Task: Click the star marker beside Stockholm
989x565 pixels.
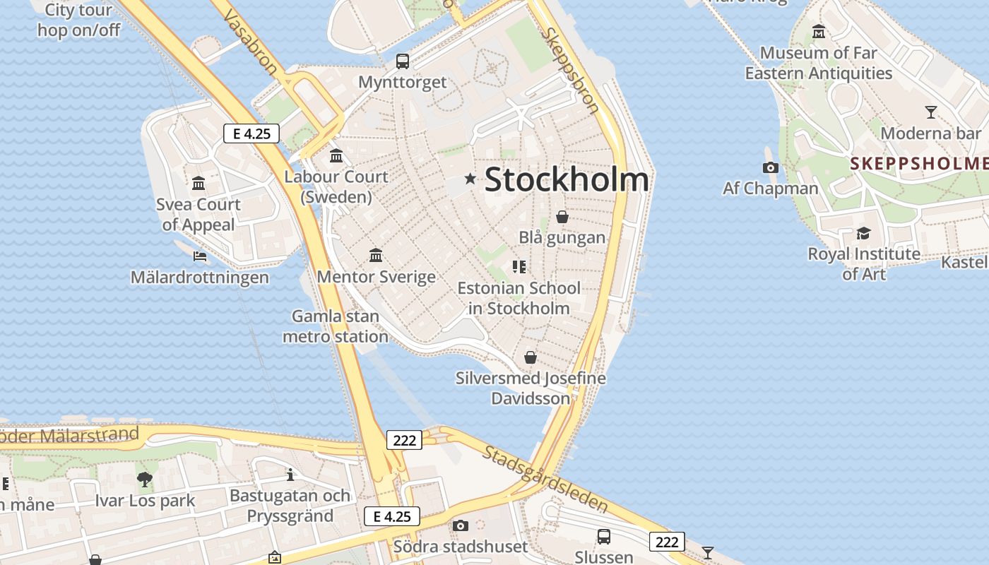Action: pos(470,179)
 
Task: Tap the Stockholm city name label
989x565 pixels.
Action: pos(567,179)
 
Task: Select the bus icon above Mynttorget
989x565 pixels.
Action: pos(403,61)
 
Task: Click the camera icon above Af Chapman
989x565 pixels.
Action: pos(771,167)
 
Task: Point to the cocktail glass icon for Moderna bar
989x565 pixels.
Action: pos(931,112)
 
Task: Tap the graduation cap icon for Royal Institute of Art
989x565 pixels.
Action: pos(863,233)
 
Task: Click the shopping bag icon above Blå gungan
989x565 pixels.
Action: pos(562,217)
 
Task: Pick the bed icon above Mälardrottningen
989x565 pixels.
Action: pos(200,256)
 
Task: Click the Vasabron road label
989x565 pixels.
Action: pos(251,42)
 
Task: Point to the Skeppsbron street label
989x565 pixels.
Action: pos(571,71)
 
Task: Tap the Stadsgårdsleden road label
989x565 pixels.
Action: pos(545,479)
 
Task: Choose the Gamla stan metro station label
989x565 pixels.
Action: pos(336,326)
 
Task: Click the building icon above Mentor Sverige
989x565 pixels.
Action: pos(376,255)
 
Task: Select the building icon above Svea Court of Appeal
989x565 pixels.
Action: pos(199,184)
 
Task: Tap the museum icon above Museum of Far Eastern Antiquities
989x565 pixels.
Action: pos(819,32)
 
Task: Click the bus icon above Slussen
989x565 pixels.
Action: pos(604,537)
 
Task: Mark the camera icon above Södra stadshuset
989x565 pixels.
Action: pos(461,525)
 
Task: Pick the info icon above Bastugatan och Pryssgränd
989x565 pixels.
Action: pos(290,475)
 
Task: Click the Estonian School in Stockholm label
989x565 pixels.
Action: pos(519,298)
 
